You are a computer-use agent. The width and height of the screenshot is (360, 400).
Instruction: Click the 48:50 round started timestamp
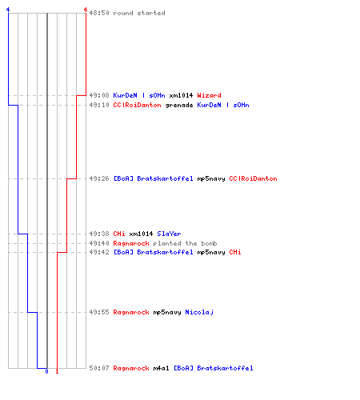[x=99, y=13]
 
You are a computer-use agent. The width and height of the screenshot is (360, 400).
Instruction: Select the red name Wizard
[x=209, y=95]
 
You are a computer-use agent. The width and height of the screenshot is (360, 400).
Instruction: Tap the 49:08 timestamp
[x=99, y=95]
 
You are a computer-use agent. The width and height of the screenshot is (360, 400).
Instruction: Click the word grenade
[x=179, y=106]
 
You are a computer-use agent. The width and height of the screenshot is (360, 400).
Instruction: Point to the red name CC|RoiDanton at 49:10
[x=137, y=105]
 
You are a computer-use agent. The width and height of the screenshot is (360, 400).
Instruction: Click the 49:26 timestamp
[x=99, y=178]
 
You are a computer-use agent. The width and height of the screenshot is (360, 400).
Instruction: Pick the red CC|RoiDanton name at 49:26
[x=253, y=178]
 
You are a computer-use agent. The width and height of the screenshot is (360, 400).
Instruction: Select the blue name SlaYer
[x=169, y=234]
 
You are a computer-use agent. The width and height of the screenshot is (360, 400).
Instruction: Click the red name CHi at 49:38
[x=119, y=234]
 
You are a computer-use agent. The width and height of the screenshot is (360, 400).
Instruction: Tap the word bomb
[x=209, y=243]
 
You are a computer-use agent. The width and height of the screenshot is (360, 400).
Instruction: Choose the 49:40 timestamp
[x=99, y=243]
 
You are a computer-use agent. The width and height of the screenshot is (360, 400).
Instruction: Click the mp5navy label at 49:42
[x=211, y=253]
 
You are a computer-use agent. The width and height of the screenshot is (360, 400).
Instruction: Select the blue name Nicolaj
[x=199, y=312]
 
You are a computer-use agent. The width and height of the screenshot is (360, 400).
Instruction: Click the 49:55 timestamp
[x=99, y=312]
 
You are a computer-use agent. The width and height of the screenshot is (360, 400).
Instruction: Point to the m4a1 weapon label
[x=161, y=368]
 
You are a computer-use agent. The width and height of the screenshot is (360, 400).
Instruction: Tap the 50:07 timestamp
[x=99, y=368]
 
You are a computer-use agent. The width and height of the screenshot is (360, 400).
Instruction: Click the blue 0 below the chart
[x=46, y=371]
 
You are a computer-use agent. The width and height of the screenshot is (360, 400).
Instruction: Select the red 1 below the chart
[x=57, y=371]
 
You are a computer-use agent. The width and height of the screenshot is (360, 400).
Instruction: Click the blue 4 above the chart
[x=8, y=10]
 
